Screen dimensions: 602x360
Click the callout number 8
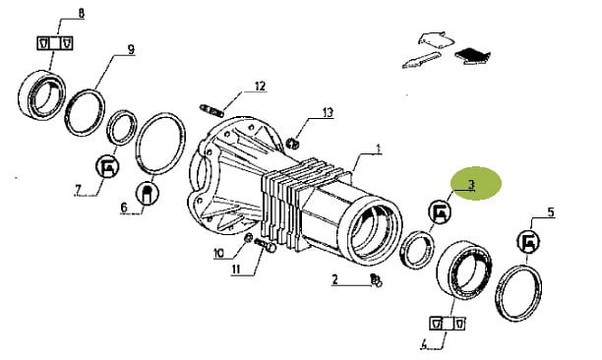pos(81,14)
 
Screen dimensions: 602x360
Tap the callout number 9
pos(131,49)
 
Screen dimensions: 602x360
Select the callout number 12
pos(260,86)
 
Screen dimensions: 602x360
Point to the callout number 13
pos(328,113)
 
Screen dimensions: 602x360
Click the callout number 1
pos(378,149)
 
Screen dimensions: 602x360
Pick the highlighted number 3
pos(471,185)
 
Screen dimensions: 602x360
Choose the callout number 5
pos(551,212)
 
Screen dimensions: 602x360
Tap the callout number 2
pos(334,279)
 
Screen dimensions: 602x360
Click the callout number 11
pos(236,270)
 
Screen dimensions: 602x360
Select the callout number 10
pos(218,253)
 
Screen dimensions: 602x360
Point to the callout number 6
pos(124,208)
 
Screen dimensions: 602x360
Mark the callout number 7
pos(79,190)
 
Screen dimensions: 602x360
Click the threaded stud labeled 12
pos(211,110)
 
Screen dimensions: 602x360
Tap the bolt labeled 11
pos(265,245)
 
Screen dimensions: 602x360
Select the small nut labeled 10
pos(249,238)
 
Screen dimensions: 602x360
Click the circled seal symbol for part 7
pos(107,166)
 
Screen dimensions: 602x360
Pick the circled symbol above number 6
pos(148,192)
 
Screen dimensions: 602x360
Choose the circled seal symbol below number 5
pos(528,241)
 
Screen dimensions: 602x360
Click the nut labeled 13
pos(292,144)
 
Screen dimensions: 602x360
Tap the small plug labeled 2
pos(376,280)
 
